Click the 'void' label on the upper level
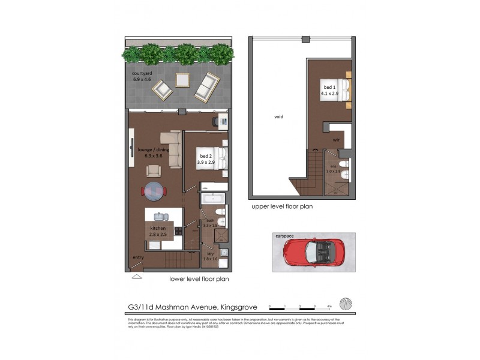[278, 116]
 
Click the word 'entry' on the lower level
[138, 259]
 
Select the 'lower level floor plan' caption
[199, 278]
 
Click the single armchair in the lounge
[154, 170]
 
